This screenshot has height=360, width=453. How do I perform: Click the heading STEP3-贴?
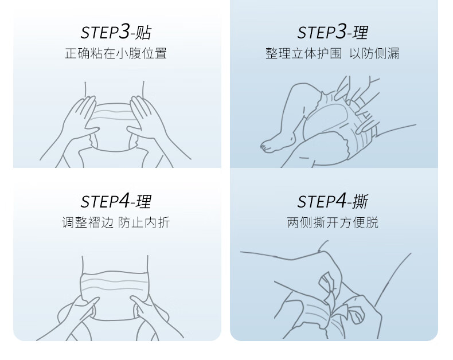click(116, 32)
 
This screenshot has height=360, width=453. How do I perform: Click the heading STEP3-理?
click(333, 32)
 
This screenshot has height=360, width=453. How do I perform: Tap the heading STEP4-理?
click(116, 201)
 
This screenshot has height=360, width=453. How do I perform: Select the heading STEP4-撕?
click(333, 201)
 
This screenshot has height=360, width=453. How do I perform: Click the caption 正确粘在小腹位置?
click(116, 53)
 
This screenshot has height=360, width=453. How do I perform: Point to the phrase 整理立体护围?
click(304, 53)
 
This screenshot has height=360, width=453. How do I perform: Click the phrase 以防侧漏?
click(374, 53)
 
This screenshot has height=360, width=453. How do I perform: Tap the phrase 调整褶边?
click(88, 222)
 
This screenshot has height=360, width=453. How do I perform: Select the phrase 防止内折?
click(144, 222)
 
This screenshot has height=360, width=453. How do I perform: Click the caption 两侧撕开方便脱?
click(333, 222)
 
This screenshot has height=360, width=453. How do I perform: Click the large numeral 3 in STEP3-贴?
click(124, 31)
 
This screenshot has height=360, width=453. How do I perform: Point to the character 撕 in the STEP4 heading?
click(360, 201)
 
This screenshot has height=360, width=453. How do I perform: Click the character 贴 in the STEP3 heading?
click(143, 32)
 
